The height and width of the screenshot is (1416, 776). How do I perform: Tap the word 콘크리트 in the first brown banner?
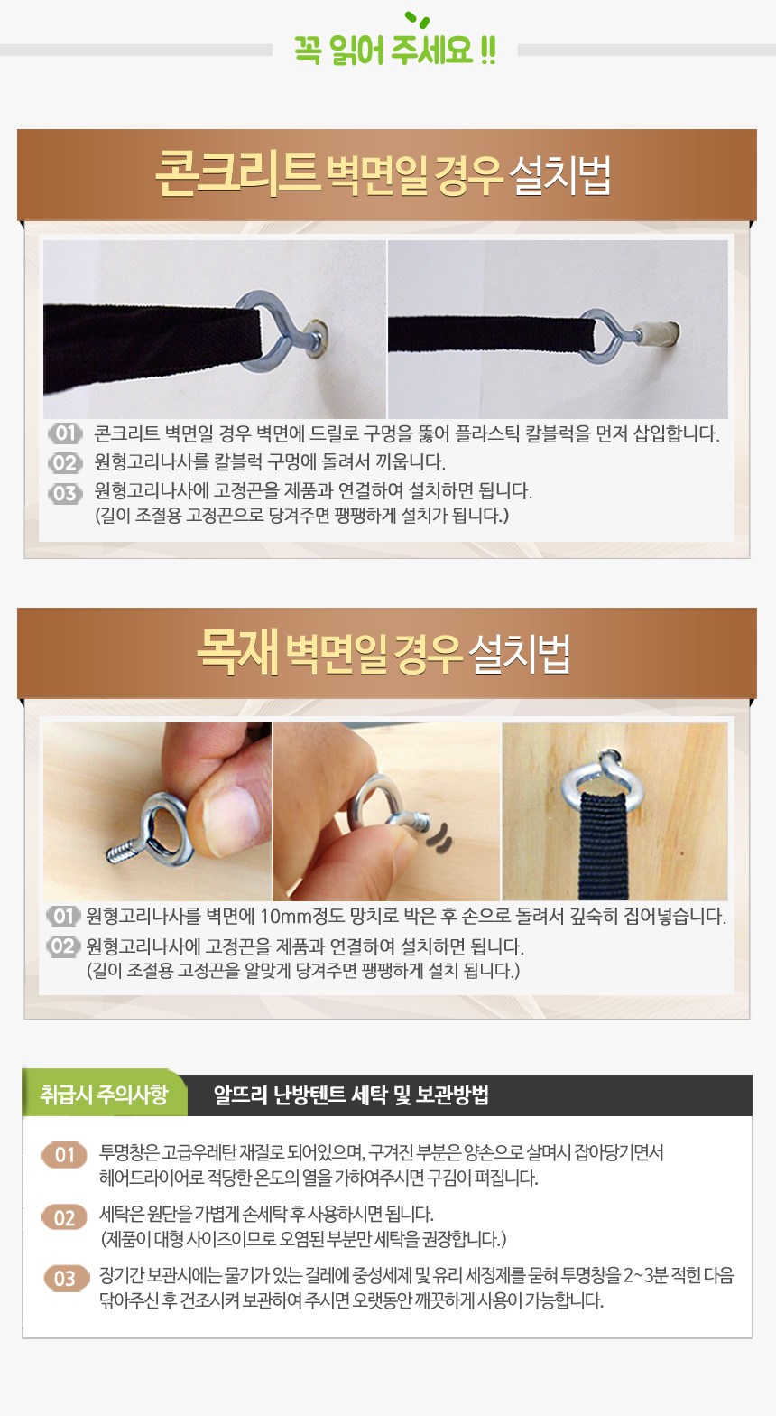pyautogui.click(x=236, y=172)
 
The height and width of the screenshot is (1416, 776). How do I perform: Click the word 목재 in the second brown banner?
pyautogui.click(x=237, y=652)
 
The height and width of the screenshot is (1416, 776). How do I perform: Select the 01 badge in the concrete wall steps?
pyautogui.click(x=65, y=433)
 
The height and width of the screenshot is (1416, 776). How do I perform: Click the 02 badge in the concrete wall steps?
pyautogui.click(x=65, y=462)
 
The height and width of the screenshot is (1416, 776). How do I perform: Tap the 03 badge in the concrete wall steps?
pyautogui.click(x=65, y=492)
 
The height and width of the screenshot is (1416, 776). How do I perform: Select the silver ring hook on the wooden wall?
pyautogui.click(x=602, y=775)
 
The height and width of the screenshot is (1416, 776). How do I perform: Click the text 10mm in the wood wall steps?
pyautogui.click(x=285, y=916)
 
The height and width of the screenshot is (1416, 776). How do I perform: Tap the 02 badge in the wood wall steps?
pyautogui.click(x=63, y=946)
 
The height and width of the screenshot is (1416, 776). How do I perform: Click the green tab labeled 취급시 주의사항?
pyautogui.click(x=104, y=1094)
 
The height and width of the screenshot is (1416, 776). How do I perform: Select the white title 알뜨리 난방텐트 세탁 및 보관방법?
pyautogui.click(x=351, y=1095)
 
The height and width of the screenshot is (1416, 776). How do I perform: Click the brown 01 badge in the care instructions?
pyautogui.click(x=64, y=1155)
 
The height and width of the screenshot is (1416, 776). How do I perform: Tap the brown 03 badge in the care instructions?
pyautogui.click(x=64, y=1278)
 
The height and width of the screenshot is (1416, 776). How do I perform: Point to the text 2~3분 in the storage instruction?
pyautogui.click(x=644, y=1276)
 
